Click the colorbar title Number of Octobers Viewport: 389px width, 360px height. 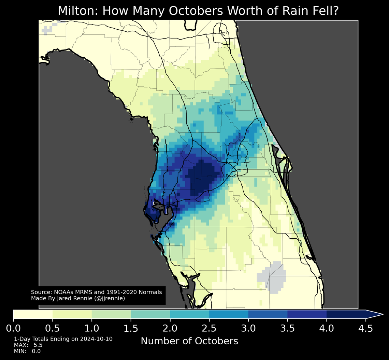point(189,341)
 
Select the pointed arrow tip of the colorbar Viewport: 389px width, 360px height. point(382,315)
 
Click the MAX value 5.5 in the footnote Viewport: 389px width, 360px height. point(38,345)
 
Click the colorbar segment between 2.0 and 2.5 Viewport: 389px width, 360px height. point(190,315)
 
